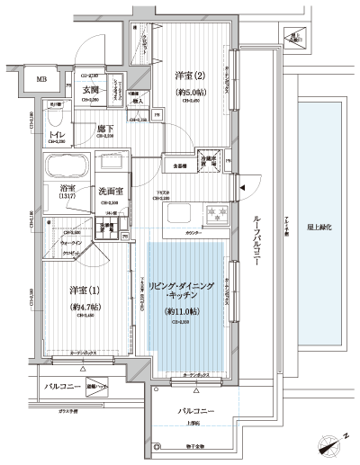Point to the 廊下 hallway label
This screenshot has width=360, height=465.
[104, 129]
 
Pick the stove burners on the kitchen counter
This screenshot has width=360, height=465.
[215, 216]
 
